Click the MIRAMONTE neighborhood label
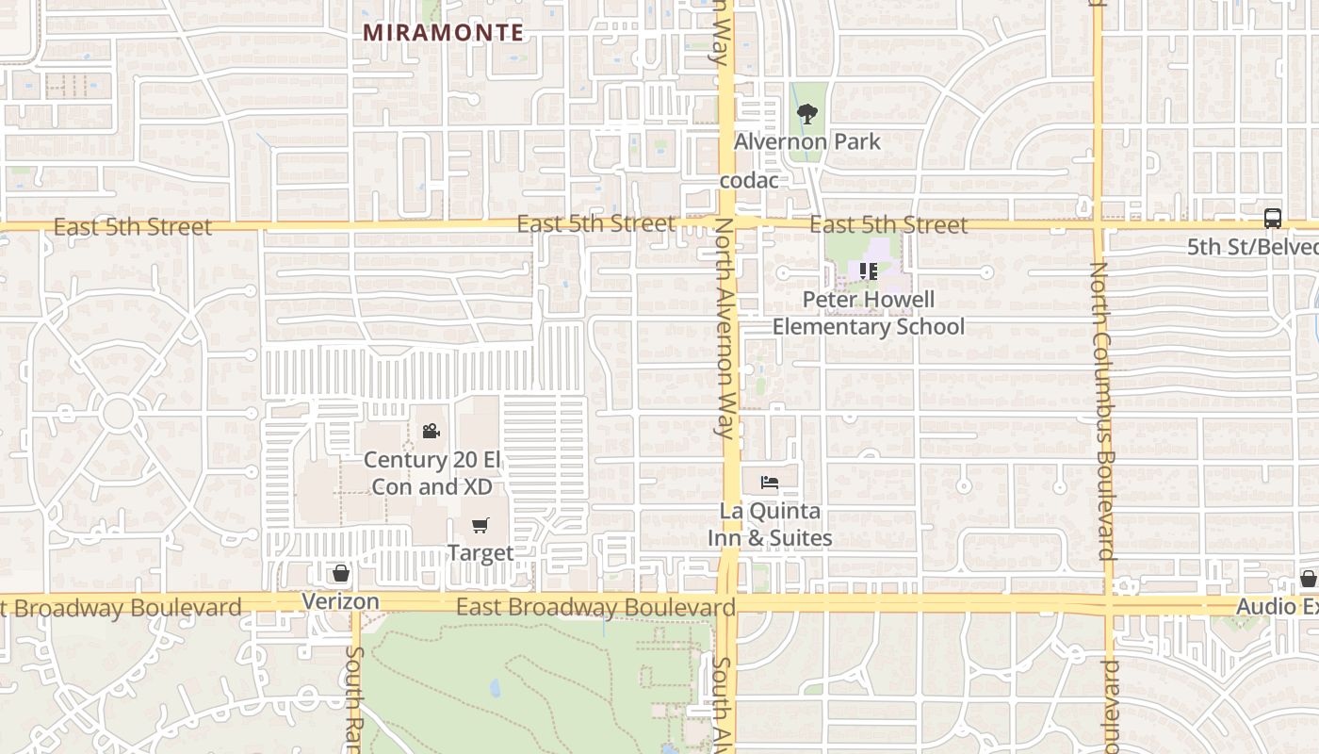click(443, 32)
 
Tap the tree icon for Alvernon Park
click(806, 114)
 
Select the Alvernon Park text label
click(806, 141)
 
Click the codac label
click(749, 180)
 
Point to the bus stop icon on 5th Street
click(1273, 219)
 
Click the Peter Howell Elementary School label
click(869, 313)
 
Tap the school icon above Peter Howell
click(869, 271)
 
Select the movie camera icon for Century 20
click(431, 431)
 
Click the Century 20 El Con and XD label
click(432, 473)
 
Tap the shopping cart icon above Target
click(480, 525)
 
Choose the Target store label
click(480, 552)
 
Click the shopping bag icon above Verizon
click(341, 573)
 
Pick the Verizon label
click(340, 601)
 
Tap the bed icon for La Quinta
click(770, 483)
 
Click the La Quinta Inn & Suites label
click(770, 525)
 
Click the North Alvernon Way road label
click(724, 330)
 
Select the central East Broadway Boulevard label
click(595, 607)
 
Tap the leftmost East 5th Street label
click(133, 227)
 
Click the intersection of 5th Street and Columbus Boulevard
click(1099, 225)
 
